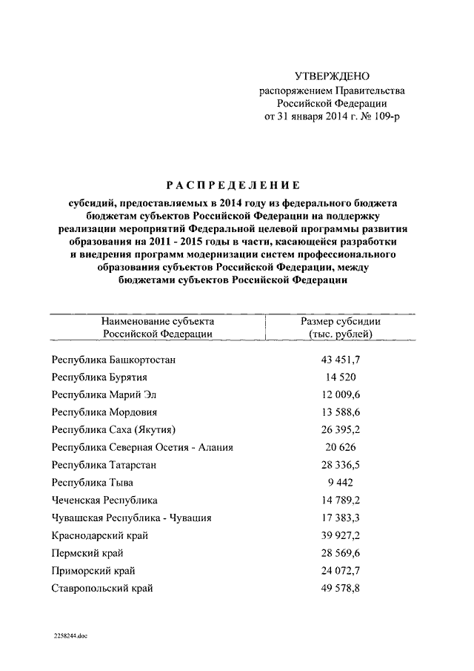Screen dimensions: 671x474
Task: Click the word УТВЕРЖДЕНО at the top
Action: pos(332,76)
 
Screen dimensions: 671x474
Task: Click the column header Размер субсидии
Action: pos(340,321)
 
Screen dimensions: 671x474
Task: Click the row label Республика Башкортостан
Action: pos(114,360)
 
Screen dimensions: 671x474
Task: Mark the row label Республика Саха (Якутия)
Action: pos(114,429)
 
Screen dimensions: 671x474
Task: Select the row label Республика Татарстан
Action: pos(104,465)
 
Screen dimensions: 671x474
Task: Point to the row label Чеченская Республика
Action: pos(104,500)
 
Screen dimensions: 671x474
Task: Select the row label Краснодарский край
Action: pos(99,535)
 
